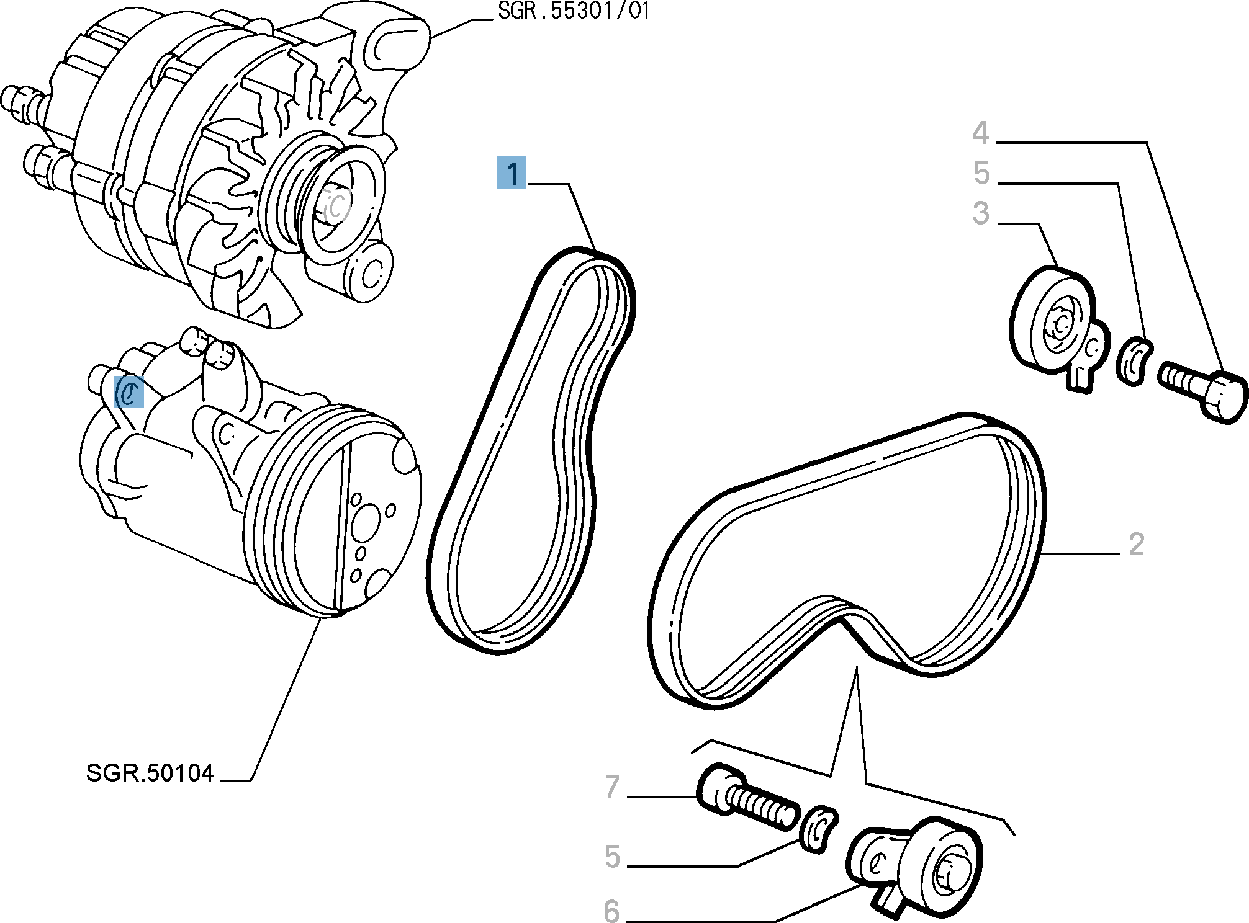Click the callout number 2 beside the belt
[x=1136, y=545]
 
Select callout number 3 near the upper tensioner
[x=981, y=213]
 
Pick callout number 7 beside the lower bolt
[x=612, y=788]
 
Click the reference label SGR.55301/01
[x=573, y=12]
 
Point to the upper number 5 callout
[x=981, y=174]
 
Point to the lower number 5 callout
[x=612, y=857]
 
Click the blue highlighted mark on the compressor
[x=130, y=392]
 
